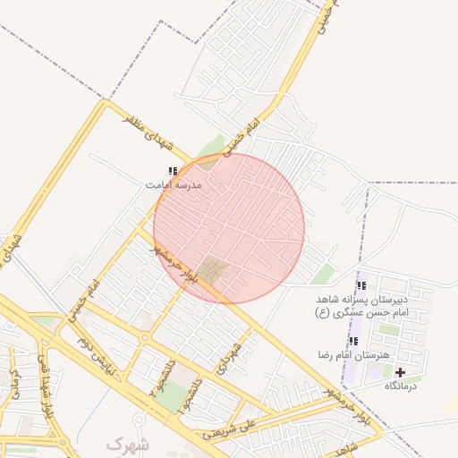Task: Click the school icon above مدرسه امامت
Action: [173, 171]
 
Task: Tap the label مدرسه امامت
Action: [174, 184]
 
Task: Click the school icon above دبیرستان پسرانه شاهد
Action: [360, 286]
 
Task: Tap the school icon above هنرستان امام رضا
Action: [353, 342]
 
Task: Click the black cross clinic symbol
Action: [400, 372]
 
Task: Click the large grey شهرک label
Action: [128, 444]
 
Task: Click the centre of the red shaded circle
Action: [229, 228]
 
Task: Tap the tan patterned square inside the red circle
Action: [212, 268]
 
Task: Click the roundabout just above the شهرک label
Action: [139, 420]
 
